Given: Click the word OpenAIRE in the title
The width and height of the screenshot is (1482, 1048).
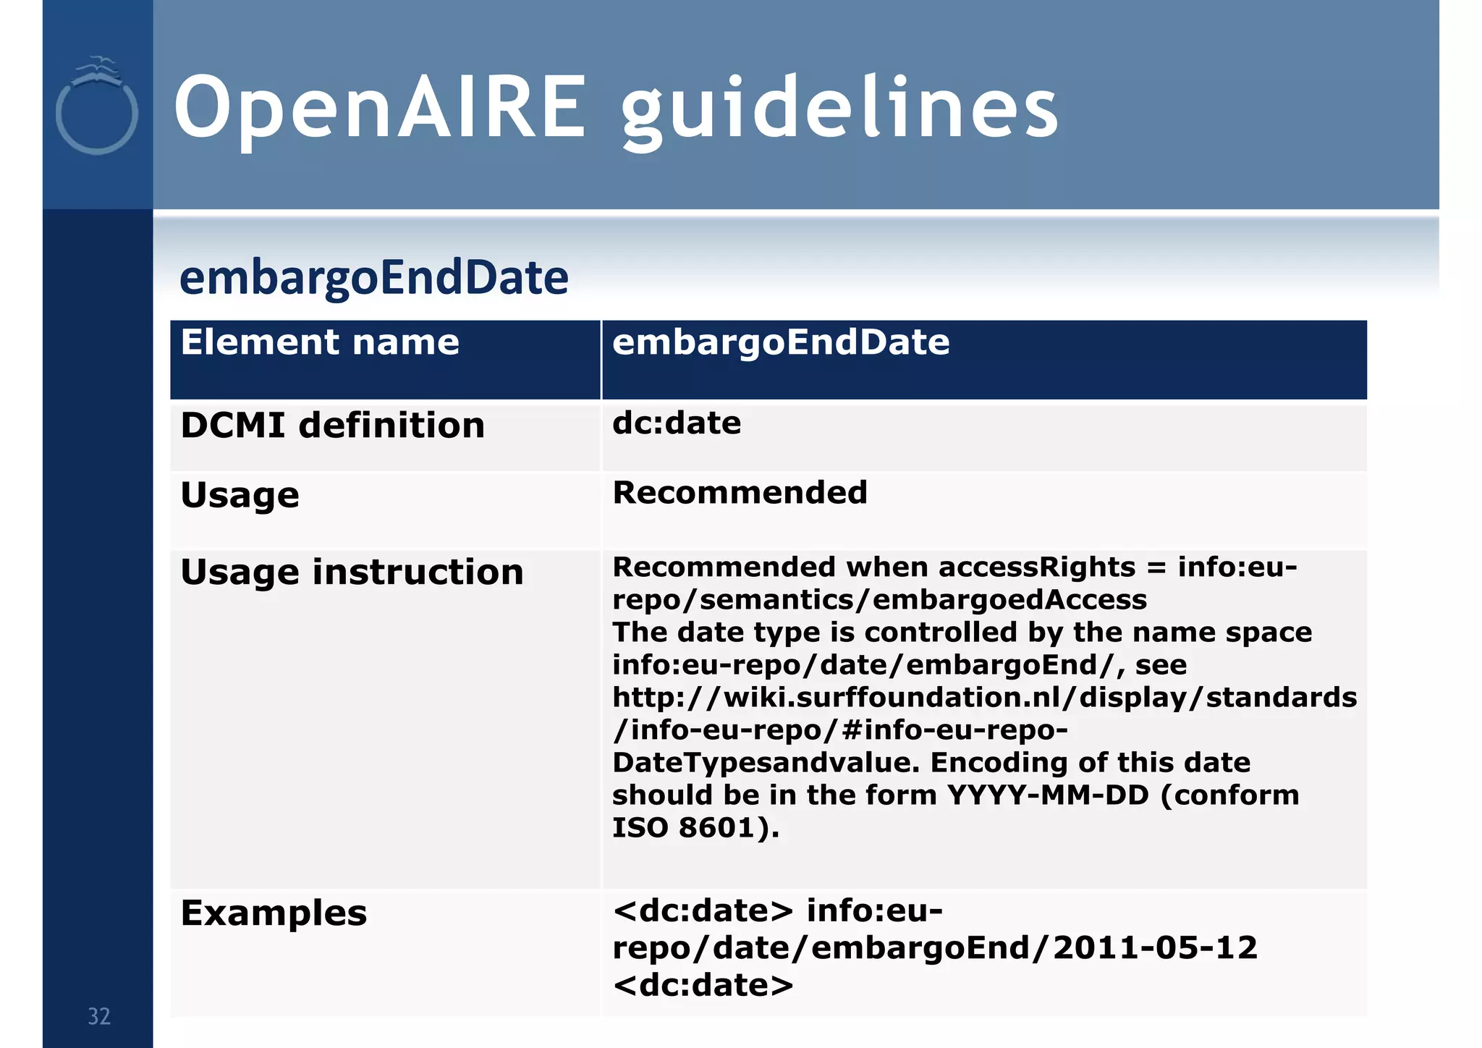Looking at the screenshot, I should point(379,109).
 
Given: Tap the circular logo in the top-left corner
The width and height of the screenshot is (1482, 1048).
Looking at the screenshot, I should point(96,109).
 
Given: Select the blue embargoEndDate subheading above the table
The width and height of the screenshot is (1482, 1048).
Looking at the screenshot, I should point(373,278).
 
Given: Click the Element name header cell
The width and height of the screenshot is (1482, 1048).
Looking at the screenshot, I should point(319,342).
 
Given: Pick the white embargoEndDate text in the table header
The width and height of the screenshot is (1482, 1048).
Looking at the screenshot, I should point(780,342).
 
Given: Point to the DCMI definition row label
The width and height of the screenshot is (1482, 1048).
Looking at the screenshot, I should point(332,426).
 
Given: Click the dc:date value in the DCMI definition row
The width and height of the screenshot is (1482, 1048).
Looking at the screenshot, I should point(676,423).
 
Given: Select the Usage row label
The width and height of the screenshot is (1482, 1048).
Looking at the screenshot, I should point(240,496).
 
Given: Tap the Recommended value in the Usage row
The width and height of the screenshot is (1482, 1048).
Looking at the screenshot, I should point(740,493).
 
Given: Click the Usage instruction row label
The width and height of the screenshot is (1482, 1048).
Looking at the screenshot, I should point(352,572).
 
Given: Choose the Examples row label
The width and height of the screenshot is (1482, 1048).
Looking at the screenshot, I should point(274,913).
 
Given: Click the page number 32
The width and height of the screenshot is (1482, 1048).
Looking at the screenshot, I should point(99,1017).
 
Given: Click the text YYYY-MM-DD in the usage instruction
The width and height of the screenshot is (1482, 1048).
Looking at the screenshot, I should point(1048,795).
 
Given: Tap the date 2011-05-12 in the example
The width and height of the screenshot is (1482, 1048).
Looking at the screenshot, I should point(1155,948).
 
